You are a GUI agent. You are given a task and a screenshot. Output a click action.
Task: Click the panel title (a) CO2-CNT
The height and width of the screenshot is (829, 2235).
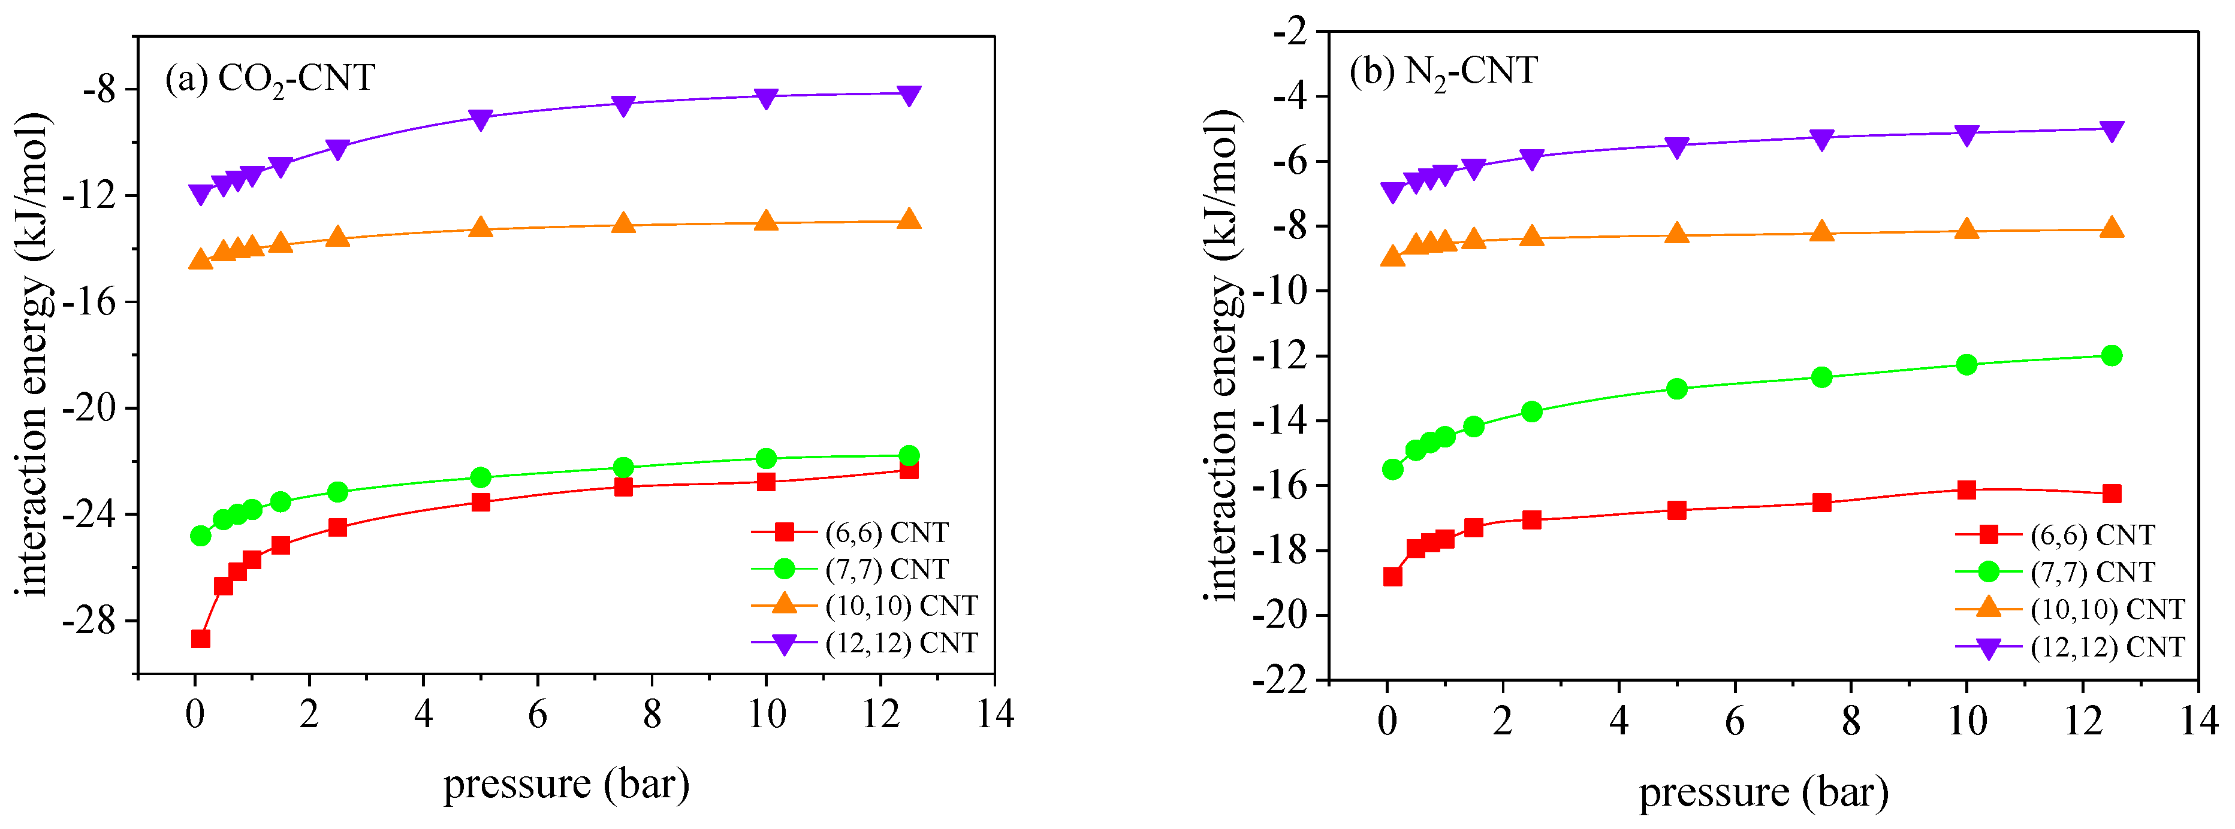(x=270, y=79)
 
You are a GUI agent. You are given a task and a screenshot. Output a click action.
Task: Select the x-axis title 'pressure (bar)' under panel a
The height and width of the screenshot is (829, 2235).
(x=566, y=785)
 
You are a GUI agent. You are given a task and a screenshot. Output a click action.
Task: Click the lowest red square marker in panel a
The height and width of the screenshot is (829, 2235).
(x=200, y=639)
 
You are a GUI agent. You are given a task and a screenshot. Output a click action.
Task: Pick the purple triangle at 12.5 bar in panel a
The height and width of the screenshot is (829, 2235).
(x=909, y=95)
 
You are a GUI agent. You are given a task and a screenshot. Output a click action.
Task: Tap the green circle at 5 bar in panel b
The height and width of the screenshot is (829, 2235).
(x=1677, y=389)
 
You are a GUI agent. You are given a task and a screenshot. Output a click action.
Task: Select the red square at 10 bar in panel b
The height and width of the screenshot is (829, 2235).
(x=1966, y=490)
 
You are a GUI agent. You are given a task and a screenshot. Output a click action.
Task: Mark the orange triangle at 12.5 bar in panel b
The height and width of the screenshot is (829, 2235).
(x=2112, y=229)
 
